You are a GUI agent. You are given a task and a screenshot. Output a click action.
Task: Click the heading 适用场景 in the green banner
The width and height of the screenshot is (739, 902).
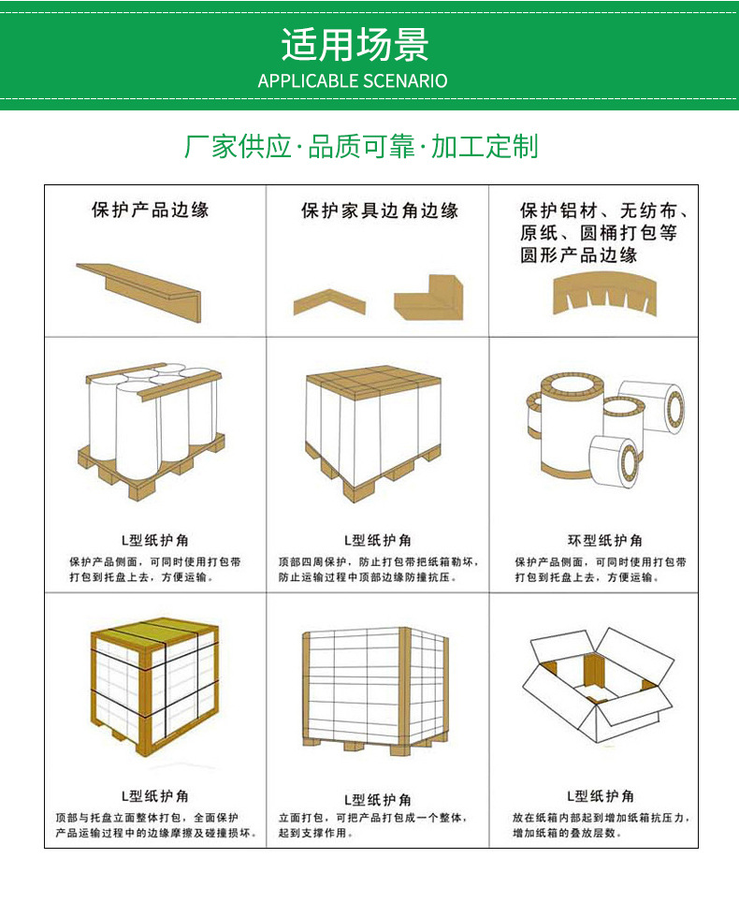[354, 44]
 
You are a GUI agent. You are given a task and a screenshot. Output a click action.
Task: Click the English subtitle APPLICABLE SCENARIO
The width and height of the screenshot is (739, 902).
[353, 81]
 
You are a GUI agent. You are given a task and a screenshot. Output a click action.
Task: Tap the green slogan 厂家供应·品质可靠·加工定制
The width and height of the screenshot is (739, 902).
[361, 147]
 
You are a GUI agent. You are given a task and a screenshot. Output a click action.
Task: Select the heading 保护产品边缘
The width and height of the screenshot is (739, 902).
[150, 210]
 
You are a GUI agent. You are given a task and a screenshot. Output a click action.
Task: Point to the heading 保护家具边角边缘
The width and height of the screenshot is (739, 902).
[380, 211]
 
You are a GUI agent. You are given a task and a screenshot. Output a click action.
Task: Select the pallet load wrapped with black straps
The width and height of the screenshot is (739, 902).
[154, 691]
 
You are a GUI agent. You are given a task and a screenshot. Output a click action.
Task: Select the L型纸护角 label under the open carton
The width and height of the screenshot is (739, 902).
[600, 796]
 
